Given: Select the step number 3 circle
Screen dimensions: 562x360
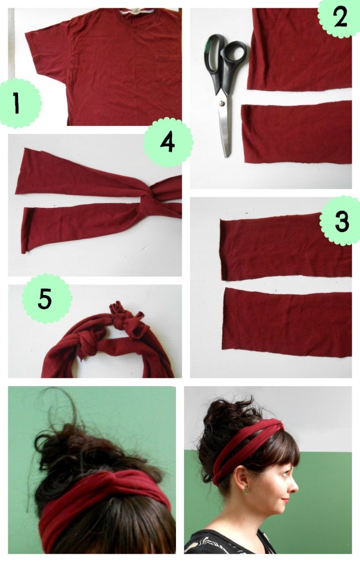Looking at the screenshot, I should point(341,221).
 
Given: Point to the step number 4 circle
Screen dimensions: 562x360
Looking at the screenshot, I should point(167,141).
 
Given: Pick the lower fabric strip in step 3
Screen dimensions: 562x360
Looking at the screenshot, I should point(288,322).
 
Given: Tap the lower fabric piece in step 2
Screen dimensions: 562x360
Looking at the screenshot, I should point(296,134).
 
